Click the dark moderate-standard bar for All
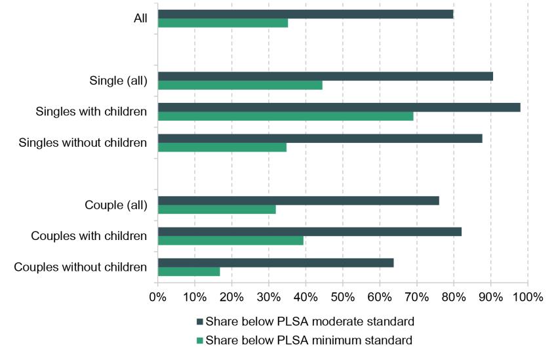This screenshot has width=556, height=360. (306, 14)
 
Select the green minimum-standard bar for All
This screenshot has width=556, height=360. (223, 23)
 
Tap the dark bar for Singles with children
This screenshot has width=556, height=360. (339, 108)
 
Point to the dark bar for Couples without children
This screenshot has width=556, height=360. (276, 262)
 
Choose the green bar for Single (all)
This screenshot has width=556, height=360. (240, 85)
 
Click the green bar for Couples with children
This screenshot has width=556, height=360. (231, 241)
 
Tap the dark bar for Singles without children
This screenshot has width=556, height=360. (320, 138)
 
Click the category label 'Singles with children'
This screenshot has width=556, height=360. (91, 111)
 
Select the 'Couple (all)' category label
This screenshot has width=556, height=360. (116, 205)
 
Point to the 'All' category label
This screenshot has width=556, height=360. (140, 18)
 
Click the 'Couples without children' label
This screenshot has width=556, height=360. (80, 267)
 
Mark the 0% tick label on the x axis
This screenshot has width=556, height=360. (158, 296)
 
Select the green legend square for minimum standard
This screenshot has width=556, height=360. (200, 341)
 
